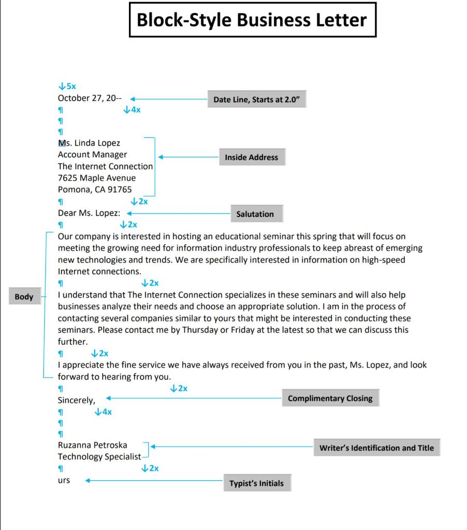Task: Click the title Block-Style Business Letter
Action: coord(252,20)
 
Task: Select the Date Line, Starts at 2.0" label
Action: coord(257,100)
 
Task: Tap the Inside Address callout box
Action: coord(251,157)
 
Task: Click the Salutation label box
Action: coord(255,214)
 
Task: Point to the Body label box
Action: coord(24,297)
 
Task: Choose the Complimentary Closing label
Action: coord(330,399)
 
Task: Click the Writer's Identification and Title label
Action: coord(376,448)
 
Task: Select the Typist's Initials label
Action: coord(256,483)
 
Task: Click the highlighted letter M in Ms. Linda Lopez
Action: coord(62,143)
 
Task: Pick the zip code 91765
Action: coord(120,189)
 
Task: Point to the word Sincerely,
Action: coord(76,400)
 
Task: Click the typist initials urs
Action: coord(64,480)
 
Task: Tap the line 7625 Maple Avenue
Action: coord(96,178)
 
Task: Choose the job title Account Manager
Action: coord(92,155)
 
